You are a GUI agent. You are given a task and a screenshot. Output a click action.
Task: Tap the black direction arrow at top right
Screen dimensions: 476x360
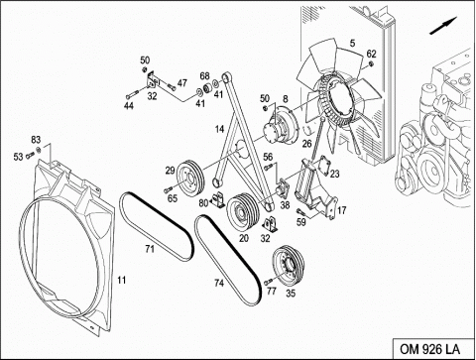coord(443,25)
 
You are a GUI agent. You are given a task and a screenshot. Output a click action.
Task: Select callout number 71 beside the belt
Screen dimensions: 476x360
coord(150,249)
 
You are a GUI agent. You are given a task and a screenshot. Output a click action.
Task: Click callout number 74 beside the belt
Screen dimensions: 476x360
coord(219,283)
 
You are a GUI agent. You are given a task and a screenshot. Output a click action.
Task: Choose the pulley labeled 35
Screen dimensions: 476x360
coord(288,267)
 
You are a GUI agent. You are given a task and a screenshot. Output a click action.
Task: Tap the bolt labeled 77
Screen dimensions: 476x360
coord(268,282)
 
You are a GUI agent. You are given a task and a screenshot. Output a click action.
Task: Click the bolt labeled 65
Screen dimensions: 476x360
coord(169,189)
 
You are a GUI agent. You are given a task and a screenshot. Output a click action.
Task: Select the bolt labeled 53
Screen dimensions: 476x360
coord(30,154)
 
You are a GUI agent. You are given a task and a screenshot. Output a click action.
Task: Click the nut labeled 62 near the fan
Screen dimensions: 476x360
coord(371,64)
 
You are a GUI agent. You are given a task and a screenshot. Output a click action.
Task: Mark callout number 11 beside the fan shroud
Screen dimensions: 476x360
coord(122,280)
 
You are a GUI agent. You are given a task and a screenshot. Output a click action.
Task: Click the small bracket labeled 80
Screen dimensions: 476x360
coord(218,200)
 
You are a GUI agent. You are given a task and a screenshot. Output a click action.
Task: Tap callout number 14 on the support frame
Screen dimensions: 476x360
coord(219,129)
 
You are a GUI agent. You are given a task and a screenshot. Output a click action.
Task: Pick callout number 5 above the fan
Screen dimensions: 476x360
coord(352,43)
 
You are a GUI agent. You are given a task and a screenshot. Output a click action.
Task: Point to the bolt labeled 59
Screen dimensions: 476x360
coord(300,211)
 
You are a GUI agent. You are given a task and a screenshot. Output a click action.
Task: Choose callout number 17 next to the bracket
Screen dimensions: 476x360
coord(341,210)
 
